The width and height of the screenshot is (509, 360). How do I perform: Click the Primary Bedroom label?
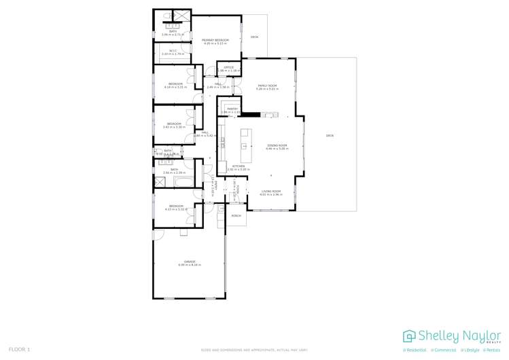tap(215, 40)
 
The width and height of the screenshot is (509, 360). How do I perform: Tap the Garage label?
tap(188, 261)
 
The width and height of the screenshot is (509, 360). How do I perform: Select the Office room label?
tap(228, 67)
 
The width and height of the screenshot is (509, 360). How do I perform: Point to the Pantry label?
tap(232, 108)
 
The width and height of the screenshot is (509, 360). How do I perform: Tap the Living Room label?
tap(271, 192)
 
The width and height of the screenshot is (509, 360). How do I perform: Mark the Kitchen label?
tap(239, 166)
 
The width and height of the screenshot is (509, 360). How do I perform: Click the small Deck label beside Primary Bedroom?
tap(255, 37)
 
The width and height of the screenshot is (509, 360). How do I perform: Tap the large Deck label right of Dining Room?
tap(330, 136)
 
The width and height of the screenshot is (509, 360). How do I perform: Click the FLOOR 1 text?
tap(19, 349)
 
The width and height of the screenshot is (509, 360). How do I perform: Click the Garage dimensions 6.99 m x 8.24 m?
tap(188, 264)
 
